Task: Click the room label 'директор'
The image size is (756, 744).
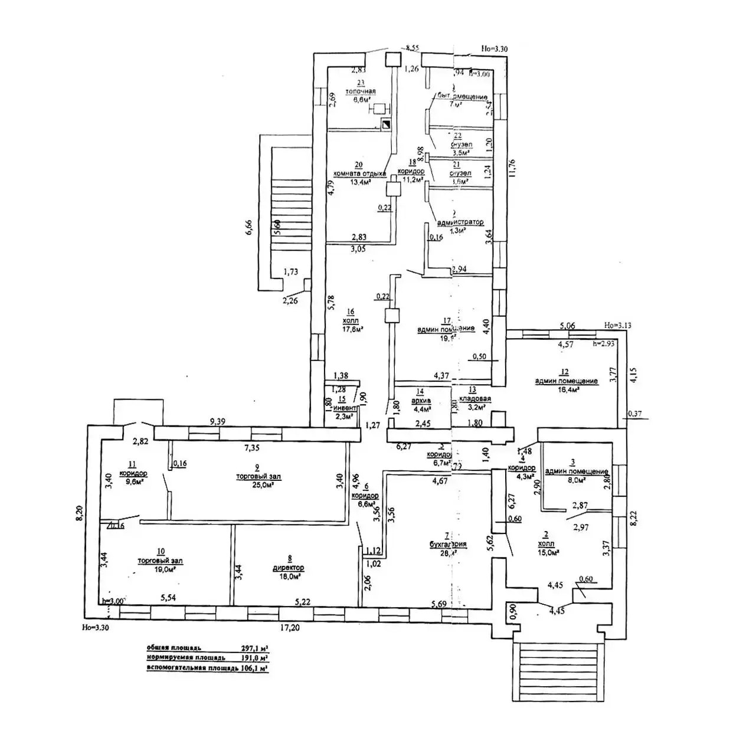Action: (289, 568)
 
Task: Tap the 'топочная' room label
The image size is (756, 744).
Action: (361, 91)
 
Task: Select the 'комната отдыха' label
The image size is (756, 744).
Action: (359, 174)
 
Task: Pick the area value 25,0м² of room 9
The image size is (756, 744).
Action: (264, 485)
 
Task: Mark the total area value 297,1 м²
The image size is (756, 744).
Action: (255, 647)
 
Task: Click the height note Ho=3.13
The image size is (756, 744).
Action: (617, 325)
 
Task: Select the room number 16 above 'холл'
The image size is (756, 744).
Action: (351, 312)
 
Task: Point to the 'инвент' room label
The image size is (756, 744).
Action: (345, 408)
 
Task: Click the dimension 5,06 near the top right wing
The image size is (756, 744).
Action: (567, 325)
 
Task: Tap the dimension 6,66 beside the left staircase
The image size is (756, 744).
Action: (248, 228)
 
